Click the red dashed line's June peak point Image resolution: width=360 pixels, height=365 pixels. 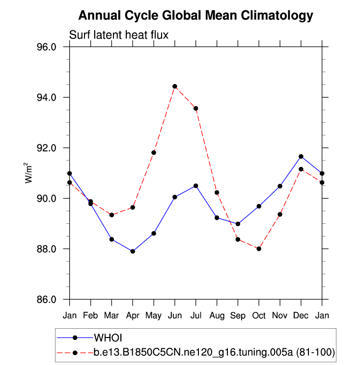tap(174, 86)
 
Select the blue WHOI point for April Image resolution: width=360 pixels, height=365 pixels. tap(133, 251)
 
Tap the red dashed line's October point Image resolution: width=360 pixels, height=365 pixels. tap(259, 249)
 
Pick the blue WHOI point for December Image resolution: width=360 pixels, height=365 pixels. tap(301, 156)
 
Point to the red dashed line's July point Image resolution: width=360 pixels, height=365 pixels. tap(195, 108)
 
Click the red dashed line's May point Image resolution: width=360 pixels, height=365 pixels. tap(154, 153)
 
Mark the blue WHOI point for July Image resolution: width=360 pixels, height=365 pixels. tap(195, 186)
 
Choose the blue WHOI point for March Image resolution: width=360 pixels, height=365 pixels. tap(111, 239)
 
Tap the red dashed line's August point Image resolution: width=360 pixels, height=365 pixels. tap(217, 192)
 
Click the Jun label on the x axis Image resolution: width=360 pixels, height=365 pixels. tap(174, 314)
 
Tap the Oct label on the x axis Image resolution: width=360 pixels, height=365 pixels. tap(259, 314)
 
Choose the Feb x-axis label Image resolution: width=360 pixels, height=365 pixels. tap(90, 314)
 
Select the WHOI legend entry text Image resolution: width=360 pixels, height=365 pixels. tap(108, 338)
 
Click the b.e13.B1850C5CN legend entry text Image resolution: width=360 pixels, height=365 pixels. tap(214, 352)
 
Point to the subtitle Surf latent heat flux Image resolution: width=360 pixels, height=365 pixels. tap(119, 35)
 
